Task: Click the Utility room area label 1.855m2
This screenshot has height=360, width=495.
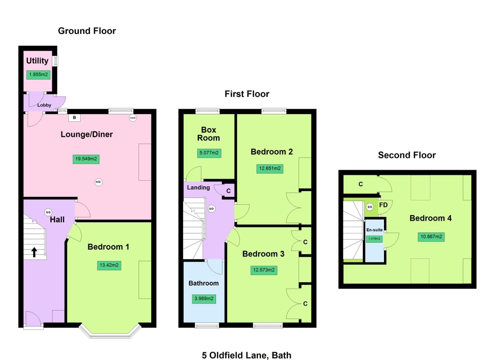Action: pyautogui.click(x=38, y=75)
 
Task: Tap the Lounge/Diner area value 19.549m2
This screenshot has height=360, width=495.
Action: pyautogui.click(x=86, y=159)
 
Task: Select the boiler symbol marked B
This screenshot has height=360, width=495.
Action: pyautogui.click(x=74, y=118)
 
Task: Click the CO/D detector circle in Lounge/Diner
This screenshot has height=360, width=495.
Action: pyautogui.click(x=133, y=118)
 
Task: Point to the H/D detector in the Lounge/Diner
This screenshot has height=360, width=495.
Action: pyautogui.click(x=98, y=182)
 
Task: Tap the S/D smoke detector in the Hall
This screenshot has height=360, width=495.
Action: pyautogui.click(x=48, y=212)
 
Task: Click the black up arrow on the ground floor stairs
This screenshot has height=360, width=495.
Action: pyautogui.click(x=34, y=252)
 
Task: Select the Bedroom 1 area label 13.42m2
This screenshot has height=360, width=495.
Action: pyautogui.click(x=109, y=265)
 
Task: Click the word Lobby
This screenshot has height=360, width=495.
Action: pyautogui.click(x=44, y=105)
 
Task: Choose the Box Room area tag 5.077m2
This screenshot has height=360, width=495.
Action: pyautogui.click(x=209, y=153)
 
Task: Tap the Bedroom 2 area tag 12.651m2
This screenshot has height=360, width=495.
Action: pyautogui.click(x=270, y=168)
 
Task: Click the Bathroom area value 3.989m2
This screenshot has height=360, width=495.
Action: pyautogui.click(x=204, y=299)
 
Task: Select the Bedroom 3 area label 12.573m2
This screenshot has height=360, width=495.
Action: pyautogui.click(x=264, y=270)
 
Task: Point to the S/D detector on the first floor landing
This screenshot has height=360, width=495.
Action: pyautogui.click(x=211, y=209)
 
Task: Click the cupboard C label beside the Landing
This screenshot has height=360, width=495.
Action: pyautogui.click(x=228, y=191)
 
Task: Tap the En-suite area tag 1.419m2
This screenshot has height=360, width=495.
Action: pyautogui.click(x=374, y=239)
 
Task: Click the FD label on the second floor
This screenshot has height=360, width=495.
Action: pyautogui.click(x=383, y=205)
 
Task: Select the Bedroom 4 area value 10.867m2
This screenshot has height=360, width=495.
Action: pyautogui.click(x=431, y=237)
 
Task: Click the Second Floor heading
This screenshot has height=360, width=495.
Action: pyautogui.click(x=407, y=155)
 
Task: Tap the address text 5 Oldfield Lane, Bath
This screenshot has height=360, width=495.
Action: pyautogui.click(x=247, y=355)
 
